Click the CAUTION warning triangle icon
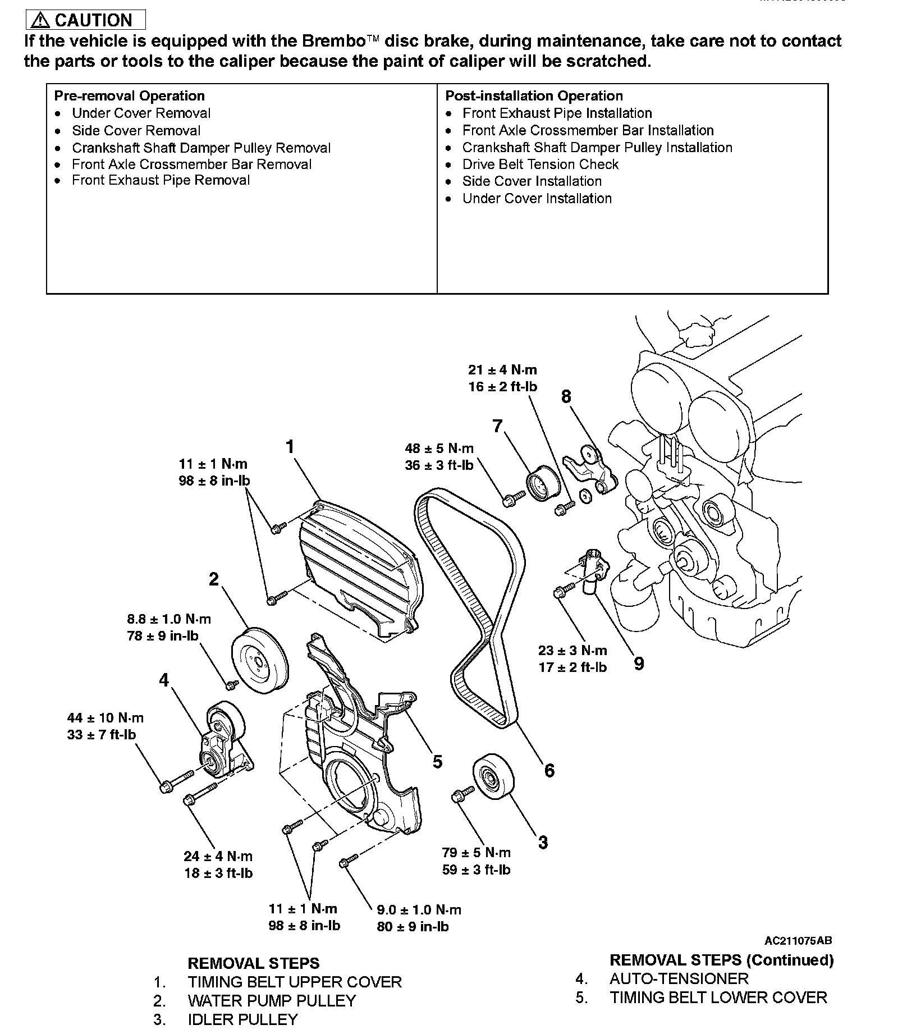point(40,21)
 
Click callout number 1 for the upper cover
point(290,447)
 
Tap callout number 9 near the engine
point(639,664)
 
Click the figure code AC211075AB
point(798,941)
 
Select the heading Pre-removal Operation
point(130,96)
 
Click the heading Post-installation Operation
point(534,96)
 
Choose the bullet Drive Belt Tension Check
point(540,164)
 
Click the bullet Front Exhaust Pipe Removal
point(161,180)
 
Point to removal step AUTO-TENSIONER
point(679,978)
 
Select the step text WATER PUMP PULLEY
point(272,1001)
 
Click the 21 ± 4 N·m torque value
point(502,370)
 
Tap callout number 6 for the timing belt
point(549,770)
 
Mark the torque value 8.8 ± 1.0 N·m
point(169,619)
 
